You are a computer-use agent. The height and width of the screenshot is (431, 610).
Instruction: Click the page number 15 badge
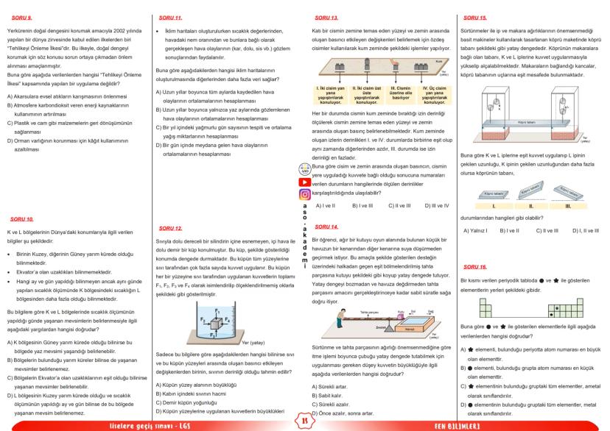[306, 422]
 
